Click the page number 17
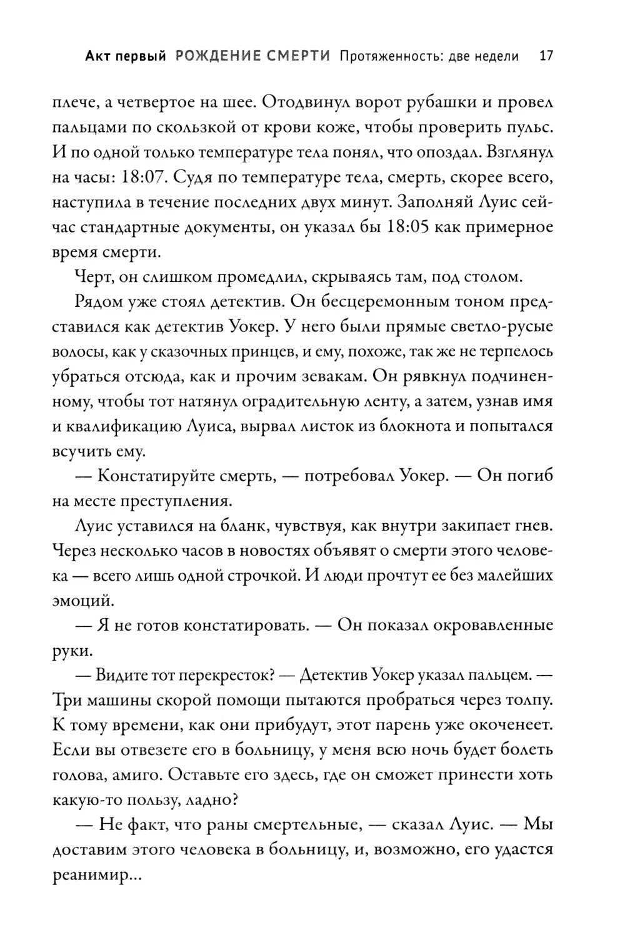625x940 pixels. pyautogui.click(x=546, y=56)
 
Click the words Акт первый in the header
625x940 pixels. pyautogui.click(x=125, y=56)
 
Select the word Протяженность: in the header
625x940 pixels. pyautogui.click(x=389, y=56)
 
